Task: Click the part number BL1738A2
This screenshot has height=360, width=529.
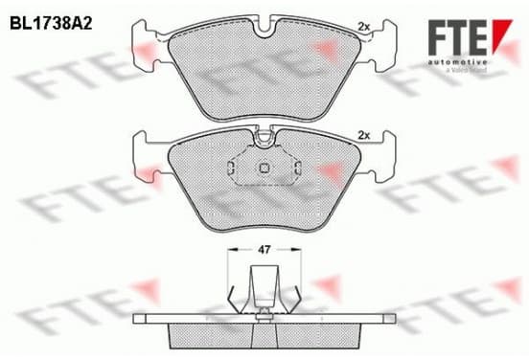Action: tap(51, 24)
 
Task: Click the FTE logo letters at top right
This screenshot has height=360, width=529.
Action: tap(457, 37)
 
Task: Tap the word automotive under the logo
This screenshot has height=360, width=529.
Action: tap(457, 62)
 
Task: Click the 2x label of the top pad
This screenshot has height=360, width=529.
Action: tap(364, 27)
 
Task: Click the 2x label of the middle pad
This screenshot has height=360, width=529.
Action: tap(364, 136)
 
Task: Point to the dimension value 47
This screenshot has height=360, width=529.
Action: tap(264, 250)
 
